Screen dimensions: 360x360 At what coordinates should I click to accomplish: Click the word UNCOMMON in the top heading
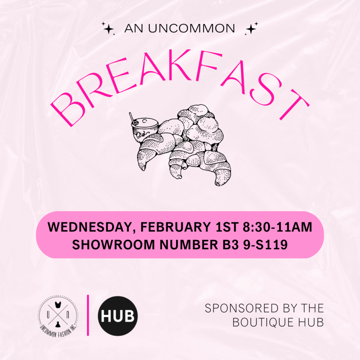(x=192, y=28)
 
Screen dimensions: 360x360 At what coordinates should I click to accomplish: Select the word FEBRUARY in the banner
(x=176, y=227)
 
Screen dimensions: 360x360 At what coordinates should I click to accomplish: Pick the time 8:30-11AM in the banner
(x=277, y=227)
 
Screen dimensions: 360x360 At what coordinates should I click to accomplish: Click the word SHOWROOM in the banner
(x=114, y=245)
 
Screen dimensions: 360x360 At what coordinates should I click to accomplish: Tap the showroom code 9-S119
(x=265, y=245)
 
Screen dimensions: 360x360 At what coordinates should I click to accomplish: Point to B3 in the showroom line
(x=231, y=245)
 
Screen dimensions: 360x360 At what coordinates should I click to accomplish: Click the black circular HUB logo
(x=118, y=316)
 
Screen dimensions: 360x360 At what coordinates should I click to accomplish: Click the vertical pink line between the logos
(x=88, y=315)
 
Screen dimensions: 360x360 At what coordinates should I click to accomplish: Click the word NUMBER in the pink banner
(x=188, y=245)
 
